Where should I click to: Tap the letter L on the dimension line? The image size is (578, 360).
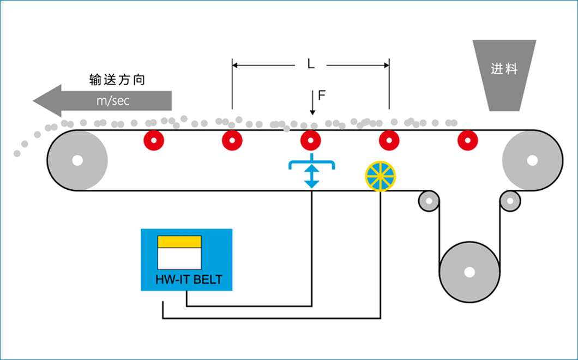[310, 64]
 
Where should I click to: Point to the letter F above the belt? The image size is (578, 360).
[322, 96]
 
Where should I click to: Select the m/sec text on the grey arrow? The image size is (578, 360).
[113, 101]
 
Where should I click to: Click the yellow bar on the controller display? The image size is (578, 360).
[179, 242]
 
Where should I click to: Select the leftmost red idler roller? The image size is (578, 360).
[154, 141]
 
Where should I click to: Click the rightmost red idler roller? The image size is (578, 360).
[467, 141]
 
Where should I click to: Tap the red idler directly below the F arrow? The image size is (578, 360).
[311, 141]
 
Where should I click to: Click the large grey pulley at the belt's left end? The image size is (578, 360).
[77, 160]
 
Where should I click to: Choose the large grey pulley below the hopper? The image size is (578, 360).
[532, 160]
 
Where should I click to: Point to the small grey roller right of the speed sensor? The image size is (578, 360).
[429, 201]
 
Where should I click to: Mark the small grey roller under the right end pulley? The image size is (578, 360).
[510, 201]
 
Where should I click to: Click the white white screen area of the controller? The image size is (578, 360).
[179, 259]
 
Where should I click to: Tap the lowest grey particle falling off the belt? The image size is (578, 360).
[17, 154]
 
